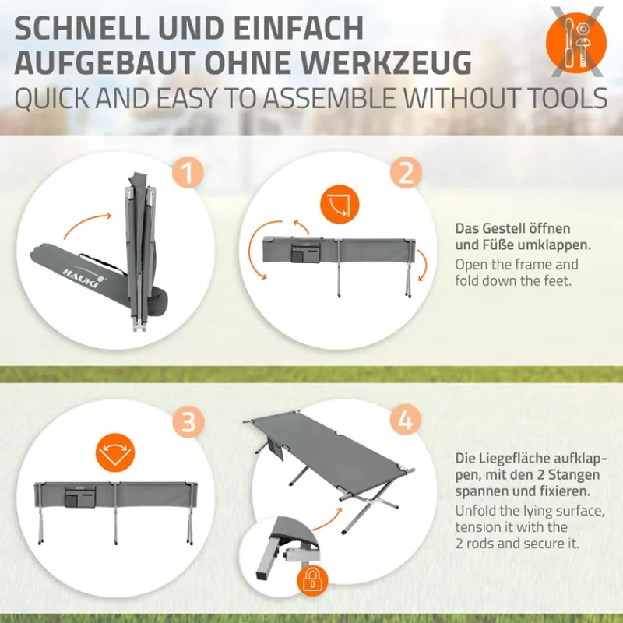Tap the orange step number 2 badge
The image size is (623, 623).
pyautogui.click(x=405, y=173)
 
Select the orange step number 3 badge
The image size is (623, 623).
pyautogui.click(x=188, y=421)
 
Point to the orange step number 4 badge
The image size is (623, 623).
pyautogui.click(x=405, y=421)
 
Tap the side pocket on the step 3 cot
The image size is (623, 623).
pyautogui.click(x=79, y=497)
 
